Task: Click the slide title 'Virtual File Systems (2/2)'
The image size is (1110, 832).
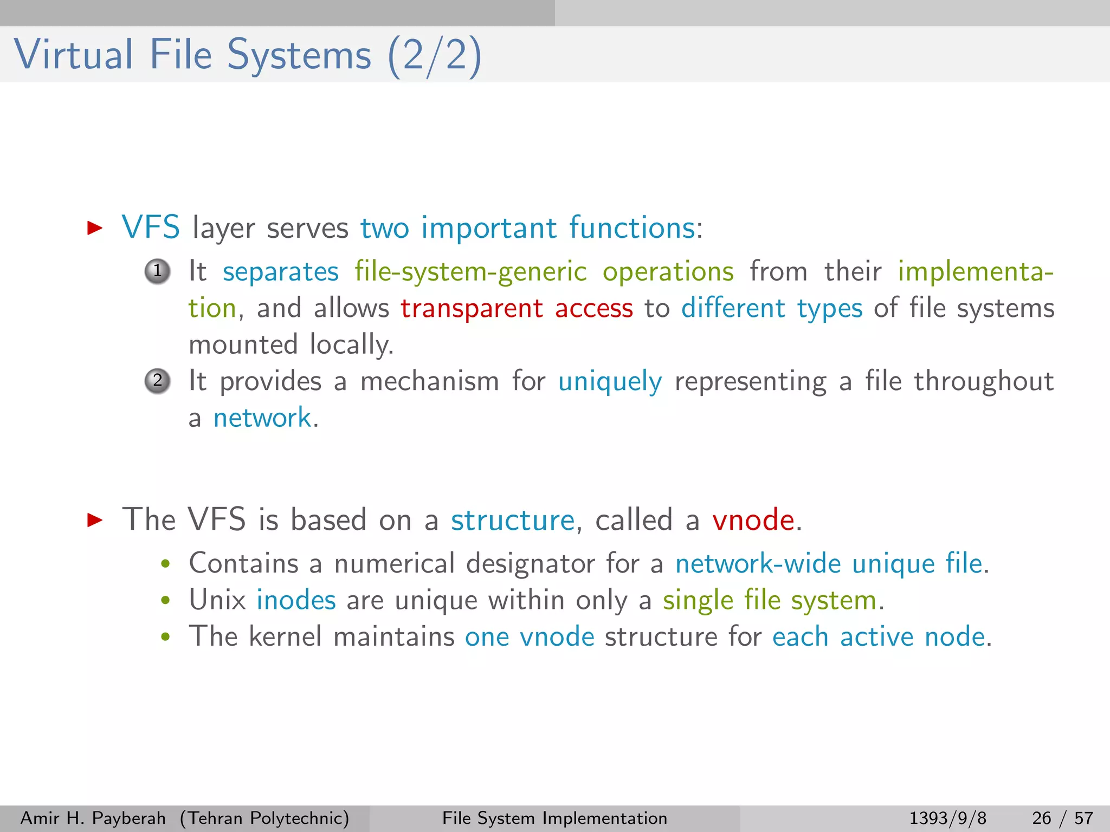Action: pos(247,55)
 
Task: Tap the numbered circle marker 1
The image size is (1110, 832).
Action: pos(158,271)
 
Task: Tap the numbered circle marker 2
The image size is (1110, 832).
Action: pos(158,381)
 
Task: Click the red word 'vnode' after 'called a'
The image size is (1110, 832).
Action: pos(753,520)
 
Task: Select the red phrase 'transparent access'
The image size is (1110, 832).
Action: pos(517,309)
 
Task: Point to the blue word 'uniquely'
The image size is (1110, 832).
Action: pos(610,382)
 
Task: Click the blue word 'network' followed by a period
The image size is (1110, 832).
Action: pos(262,418)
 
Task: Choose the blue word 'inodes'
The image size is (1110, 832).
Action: pos(296,600)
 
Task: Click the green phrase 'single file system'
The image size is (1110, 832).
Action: pos(770,601)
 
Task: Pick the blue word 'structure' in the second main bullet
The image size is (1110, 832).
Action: pos(512,520)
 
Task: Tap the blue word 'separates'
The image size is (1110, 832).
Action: pos(280,272)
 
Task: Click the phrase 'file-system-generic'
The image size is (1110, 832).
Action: pos(470,272)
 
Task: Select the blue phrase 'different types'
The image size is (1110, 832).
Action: pos(771,309)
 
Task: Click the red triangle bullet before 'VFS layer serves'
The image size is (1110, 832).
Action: pos(95,227)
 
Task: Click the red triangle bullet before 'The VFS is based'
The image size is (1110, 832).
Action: pos(95,520)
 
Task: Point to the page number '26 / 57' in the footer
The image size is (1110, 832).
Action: pos(1062,818)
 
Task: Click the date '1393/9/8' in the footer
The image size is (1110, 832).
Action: pos(947,818)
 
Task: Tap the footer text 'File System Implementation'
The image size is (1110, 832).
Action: pos(554,818)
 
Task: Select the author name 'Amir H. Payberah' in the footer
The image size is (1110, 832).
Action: pos(93,818)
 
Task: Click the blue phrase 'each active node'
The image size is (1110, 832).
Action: pos(878,636)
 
